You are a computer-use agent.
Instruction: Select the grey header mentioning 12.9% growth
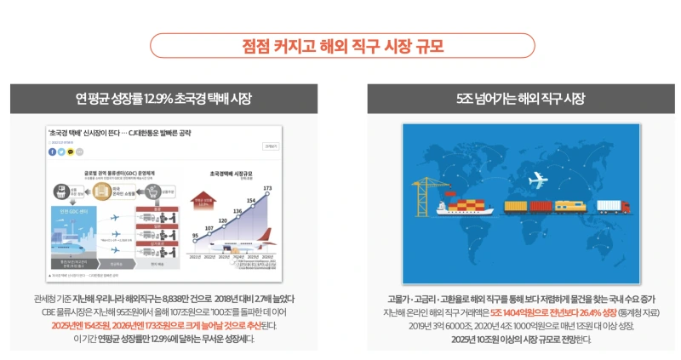click(x=163, y=99)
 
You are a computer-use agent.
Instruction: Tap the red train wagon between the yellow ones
click(x=541, y=206)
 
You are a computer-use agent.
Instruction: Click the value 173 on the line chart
click(x=267, y=187)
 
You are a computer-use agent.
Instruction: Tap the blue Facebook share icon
click(x=52, y=151)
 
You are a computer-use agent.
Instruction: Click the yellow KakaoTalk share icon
click(x=71, y=151)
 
